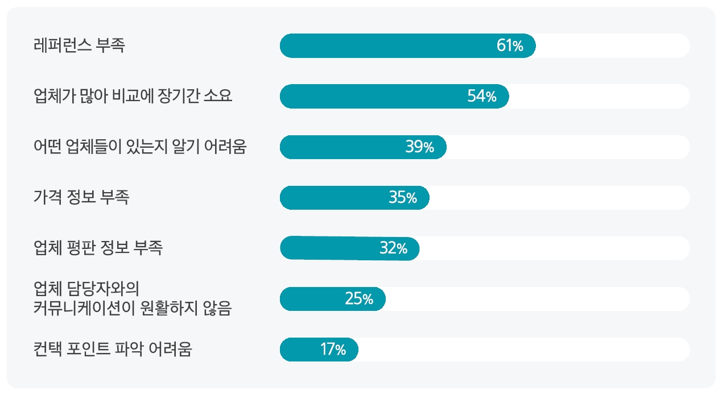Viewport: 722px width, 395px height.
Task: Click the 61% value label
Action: point(510,46)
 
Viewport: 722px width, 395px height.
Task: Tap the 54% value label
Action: point(482,97)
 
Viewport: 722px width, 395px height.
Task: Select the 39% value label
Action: point(420,147)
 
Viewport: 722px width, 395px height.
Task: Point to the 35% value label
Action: point(403,198)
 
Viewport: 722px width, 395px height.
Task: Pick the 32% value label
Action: point(393,248)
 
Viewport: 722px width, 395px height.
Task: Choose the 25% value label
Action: point(359,299)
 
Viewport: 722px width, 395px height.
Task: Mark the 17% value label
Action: point(333,350)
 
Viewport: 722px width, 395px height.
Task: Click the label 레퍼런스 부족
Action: point(79,45)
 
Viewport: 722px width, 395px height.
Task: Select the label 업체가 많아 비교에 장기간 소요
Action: point(133,96)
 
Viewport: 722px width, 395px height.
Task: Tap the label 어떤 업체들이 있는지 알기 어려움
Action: point(140,147)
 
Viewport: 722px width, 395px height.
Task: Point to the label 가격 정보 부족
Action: point(81,197)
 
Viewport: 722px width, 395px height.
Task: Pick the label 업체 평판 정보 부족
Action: point(98,248)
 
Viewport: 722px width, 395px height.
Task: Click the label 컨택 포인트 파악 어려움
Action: point(113,349)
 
